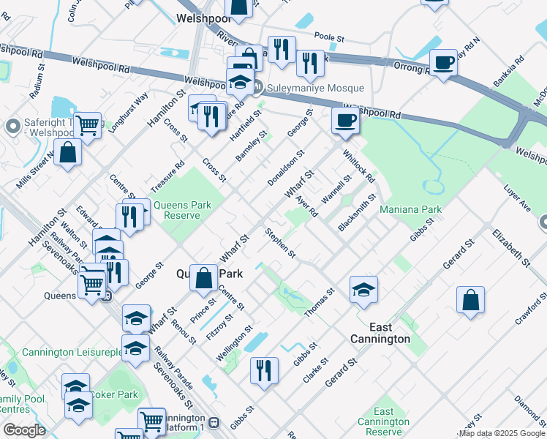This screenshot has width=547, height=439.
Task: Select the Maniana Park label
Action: [x=410, y=210]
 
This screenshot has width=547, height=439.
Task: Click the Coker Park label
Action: [x=117, y=395]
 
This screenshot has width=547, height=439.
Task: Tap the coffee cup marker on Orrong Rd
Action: [x=443, y=64]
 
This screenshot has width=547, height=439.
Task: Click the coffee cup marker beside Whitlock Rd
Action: [x=346, y=121]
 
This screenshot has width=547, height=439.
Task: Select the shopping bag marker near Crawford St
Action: [x=470, y=300]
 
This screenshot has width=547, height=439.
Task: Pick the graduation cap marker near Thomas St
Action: [x=363, y=290]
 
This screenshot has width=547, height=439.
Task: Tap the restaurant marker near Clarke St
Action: [x=264, y=370]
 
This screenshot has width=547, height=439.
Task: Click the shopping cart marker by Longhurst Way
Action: [x=87, y=126]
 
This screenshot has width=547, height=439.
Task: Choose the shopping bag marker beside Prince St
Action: [x=205, y=278]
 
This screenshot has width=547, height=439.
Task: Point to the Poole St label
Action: [x=329, y=36]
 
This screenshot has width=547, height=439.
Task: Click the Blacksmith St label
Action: [x=357, y=213]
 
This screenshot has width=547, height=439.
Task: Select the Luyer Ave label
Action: [x=517, y=198]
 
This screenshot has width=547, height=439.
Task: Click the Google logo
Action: [x=24, y=430]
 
